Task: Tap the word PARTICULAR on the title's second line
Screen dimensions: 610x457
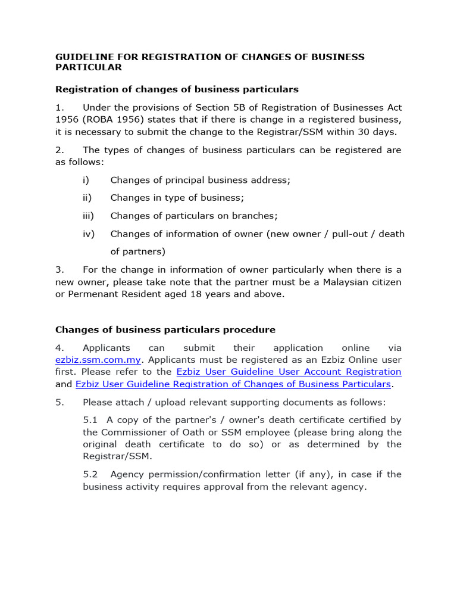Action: pos(89,67)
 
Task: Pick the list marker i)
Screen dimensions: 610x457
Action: pos(86,180)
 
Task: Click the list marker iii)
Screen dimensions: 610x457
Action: pos(88,216)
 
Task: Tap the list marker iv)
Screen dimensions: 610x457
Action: pos(88,234)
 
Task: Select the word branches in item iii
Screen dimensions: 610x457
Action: pos(256,216)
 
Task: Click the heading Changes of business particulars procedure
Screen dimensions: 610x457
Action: pos(165,329)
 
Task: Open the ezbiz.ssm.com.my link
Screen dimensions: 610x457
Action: pos(98,360)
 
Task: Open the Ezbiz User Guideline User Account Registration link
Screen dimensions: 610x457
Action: pos(289,372)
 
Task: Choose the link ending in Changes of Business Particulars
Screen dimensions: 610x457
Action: pos(233,384)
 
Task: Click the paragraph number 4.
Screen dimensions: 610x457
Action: pos(59,348)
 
